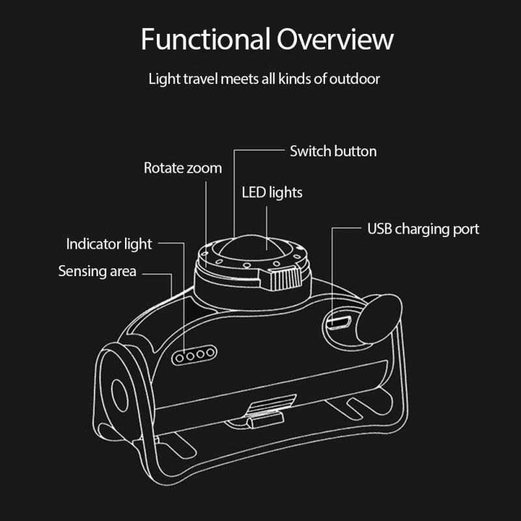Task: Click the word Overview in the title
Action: tap(335, 40)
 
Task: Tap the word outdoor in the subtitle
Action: tap(355, 80)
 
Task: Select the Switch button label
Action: tap(333, 151)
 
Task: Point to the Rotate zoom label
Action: tap(182, 168)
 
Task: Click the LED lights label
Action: tap(272, 193)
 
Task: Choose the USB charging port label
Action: tap(423, 229)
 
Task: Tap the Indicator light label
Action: tap(109, 244)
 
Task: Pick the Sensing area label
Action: tap(97, 271)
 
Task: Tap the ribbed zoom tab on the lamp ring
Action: tap(285, 279)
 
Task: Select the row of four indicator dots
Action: tap(194, 356)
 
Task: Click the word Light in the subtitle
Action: tap(163, 80)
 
